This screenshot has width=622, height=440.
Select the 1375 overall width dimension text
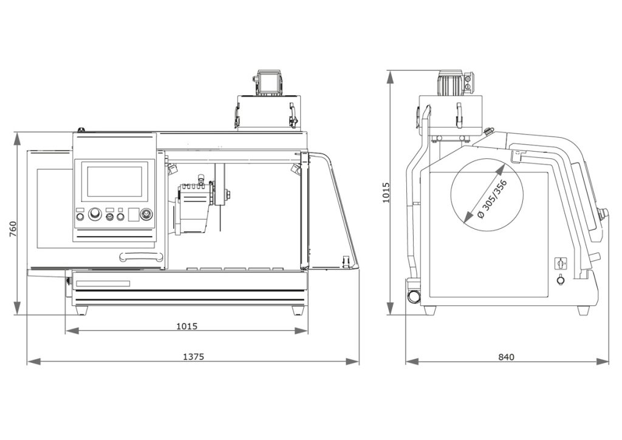[x=193, y=357]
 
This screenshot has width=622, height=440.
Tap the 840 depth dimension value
[x=506, y=357]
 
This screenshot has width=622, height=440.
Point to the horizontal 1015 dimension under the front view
[x=186, y=326]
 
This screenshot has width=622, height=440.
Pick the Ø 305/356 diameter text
[x=492, y=200]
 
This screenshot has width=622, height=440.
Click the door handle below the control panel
[x=141, y=256]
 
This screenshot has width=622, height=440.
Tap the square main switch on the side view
[x=559, y=263]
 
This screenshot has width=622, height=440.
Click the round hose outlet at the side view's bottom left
[x=415, y=296]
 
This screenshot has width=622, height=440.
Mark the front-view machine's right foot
[x=298, y=310]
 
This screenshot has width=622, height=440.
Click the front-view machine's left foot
[x=80, y=310]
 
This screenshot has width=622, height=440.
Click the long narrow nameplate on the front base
[x=103, y=283]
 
